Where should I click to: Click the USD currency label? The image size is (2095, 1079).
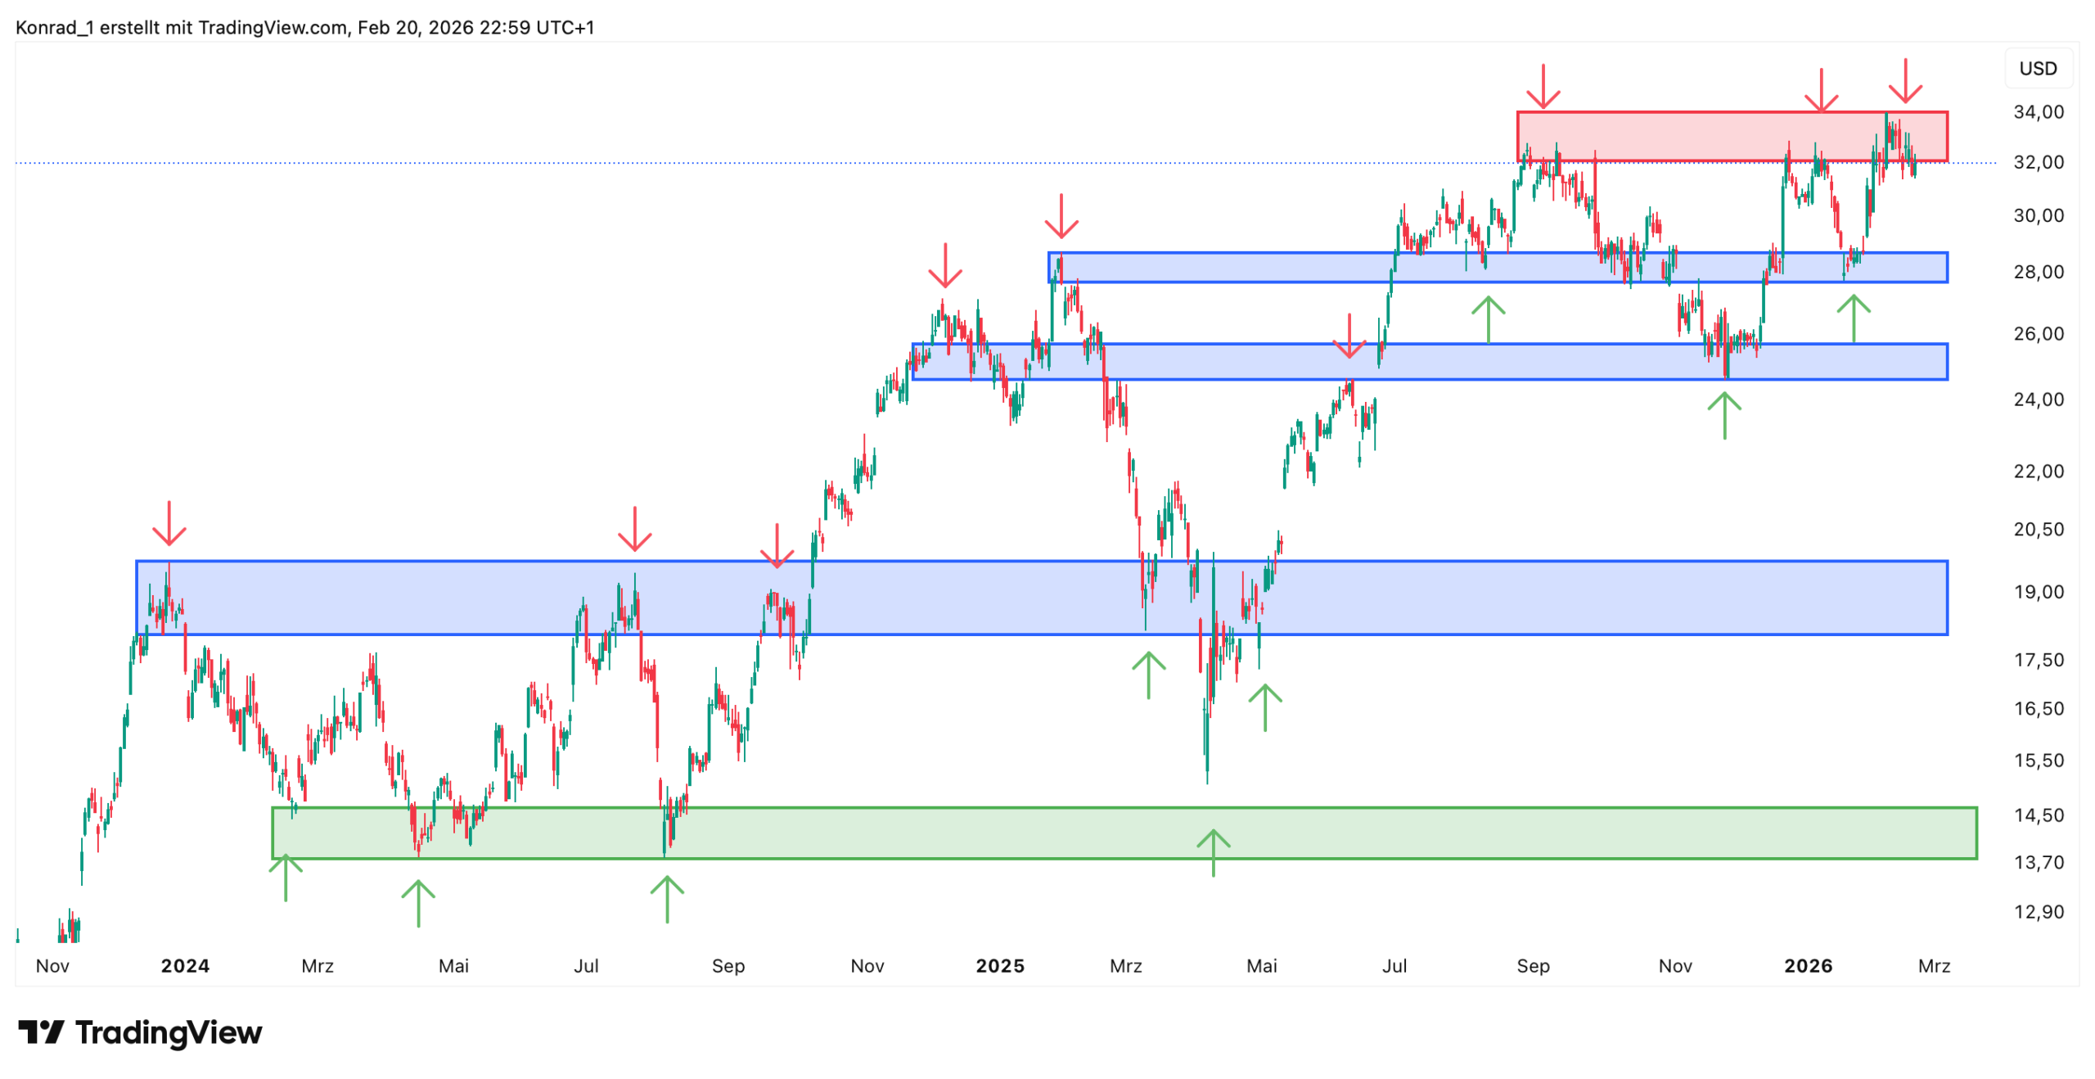pos(2037,68)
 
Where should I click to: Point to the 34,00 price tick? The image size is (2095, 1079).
pos(2038,111)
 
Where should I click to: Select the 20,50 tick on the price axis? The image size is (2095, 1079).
pos(2038,529)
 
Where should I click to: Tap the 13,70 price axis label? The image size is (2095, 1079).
pos(2038,862)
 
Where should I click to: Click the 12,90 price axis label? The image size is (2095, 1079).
pos(2038,911)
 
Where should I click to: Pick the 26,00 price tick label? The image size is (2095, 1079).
pos(2038,333)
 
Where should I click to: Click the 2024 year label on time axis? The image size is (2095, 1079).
pos(185,966)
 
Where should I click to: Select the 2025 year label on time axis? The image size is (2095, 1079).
pos(999,966)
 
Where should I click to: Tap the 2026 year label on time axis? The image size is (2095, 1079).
pos(1808,966)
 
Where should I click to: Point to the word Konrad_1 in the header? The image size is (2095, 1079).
pos(54,27)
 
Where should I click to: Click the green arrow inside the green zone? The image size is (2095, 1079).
pos(1213,851)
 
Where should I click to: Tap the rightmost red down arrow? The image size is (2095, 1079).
pos(1905,80)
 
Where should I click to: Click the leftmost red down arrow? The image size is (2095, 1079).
pos(169,524)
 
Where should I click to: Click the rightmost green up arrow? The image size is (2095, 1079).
pos(1853,318)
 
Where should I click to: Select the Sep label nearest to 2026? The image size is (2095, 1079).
pos(1532,966)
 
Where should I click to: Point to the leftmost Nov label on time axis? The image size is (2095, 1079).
pos(52,966)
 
